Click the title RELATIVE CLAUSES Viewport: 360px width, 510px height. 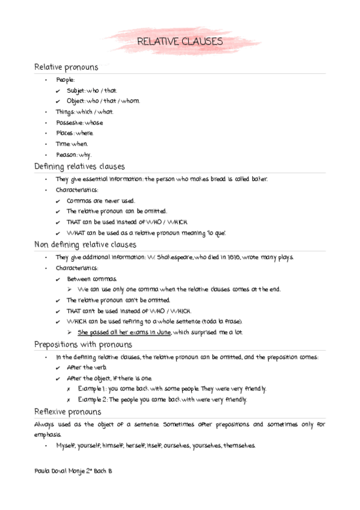coord(180,41)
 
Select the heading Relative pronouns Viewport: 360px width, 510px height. coord(66,67)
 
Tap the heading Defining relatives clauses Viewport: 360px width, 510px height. coord(79,167)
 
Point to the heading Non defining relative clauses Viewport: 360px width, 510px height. coord(85,245)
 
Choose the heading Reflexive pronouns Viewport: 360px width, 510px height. coord(67,412)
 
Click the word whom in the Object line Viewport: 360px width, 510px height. coord(130,101)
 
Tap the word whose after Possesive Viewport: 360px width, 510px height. coord(94,123)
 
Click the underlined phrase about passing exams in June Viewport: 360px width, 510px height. coord(124,332)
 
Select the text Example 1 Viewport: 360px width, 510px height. coord(92,389)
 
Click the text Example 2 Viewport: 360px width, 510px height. coord(92,400)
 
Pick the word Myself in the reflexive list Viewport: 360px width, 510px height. coord(67,446)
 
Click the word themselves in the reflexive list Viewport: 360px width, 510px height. coord(240,446)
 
